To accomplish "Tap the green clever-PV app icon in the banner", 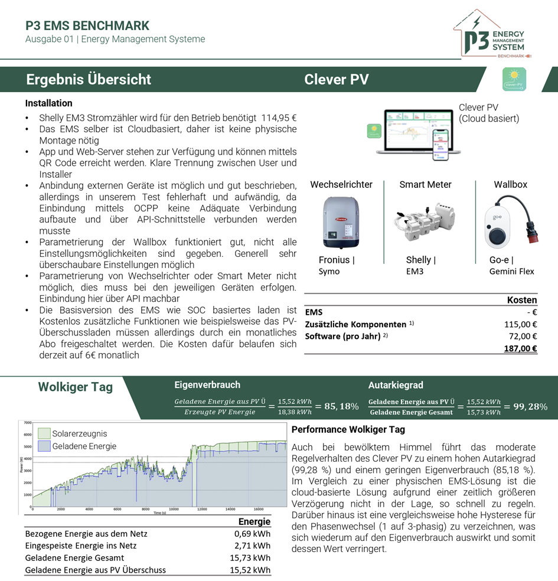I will (513, 79).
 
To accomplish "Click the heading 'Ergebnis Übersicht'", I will (89, 80).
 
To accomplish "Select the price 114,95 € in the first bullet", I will (279, 117).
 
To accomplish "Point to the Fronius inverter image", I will (341, 221).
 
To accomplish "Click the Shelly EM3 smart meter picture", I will (425, 221).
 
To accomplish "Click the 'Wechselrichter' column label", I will (341, 184).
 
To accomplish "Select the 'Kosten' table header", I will (522, 300).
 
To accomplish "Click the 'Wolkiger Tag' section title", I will (75, 387).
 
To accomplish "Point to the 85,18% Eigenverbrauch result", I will (337, 406).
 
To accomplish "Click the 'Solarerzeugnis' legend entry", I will (80, 433).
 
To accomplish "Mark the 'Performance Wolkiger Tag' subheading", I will (348, 429).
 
